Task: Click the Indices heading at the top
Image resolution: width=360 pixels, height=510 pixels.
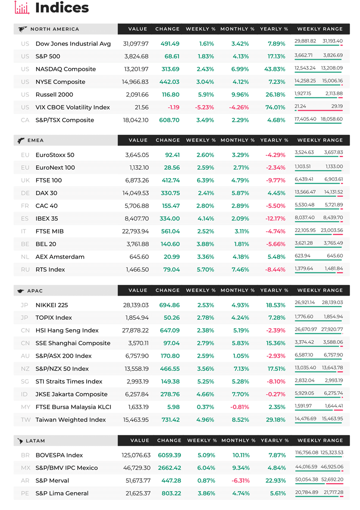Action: coord(62,8)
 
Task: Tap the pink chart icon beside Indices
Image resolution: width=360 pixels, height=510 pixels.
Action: coord(22,8)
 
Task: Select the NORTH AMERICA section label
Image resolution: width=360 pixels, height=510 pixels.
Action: coord(54,29)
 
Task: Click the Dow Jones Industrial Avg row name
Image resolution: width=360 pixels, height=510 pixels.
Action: coord(73,44)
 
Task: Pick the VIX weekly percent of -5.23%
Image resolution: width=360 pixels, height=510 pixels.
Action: coord(205,107)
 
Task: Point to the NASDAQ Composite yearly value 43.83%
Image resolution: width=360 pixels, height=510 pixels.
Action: coord(275,69)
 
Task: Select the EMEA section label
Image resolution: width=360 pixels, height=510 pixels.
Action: coord(35,140)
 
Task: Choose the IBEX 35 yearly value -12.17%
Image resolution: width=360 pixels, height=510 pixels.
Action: coord(276,218)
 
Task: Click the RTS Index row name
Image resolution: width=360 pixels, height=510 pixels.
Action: coord(50,270)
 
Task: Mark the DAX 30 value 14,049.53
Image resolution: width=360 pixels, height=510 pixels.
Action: coord(136,193)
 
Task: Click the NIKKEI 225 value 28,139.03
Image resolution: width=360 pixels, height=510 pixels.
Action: coord(136,305)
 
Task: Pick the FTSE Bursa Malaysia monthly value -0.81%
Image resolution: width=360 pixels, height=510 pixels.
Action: coord(240,407)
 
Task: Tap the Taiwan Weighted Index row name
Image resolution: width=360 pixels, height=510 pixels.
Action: coord(71,420)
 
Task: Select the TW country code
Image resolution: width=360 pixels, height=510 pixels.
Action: coord(25,420)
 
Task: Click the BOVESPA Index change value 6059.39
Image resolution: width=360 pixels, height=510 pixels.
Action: coord(169,455)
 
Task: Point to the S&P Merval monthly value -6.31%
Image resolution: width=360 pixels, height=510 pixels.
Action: coord(240,481)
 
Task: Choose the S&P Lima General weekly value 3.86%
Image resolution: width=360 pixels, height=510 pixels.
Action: coord(206,493)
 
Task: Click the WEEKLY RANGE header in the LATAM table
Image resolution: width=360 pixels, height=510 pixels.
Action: coord(320,440)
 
